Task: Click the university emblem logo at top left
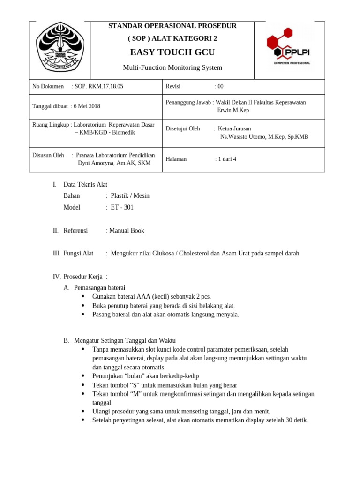coord(60,49)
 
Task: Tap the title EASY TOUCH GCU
coord(172,52)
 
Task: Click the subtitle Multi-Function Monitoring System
coord(172,67)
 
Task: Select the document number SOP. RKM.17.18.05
coord(99,86)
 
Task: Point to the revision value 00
coord(220,86)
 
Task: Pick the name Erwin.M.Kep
coord(233,110)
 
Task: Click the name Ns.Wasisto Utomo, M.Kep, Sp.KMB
coord(264,137)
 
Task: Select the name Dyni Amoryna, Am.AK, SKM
coord(114,163)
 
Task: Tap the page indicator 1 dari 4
coord(227,159)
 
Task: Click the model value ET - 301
coord(122,207)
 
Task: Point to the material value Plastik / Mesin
coord(130,195)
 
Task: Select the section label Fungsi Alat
coord(78,254)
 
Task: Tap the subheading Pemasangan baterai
coord(99,287)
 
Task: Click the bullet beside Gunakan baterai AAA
coord(83,296)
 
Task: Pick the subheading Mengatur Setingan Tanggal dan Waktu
coord(125,340)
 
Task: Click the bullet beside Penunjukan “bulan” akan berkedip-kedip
coord(83,376)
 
